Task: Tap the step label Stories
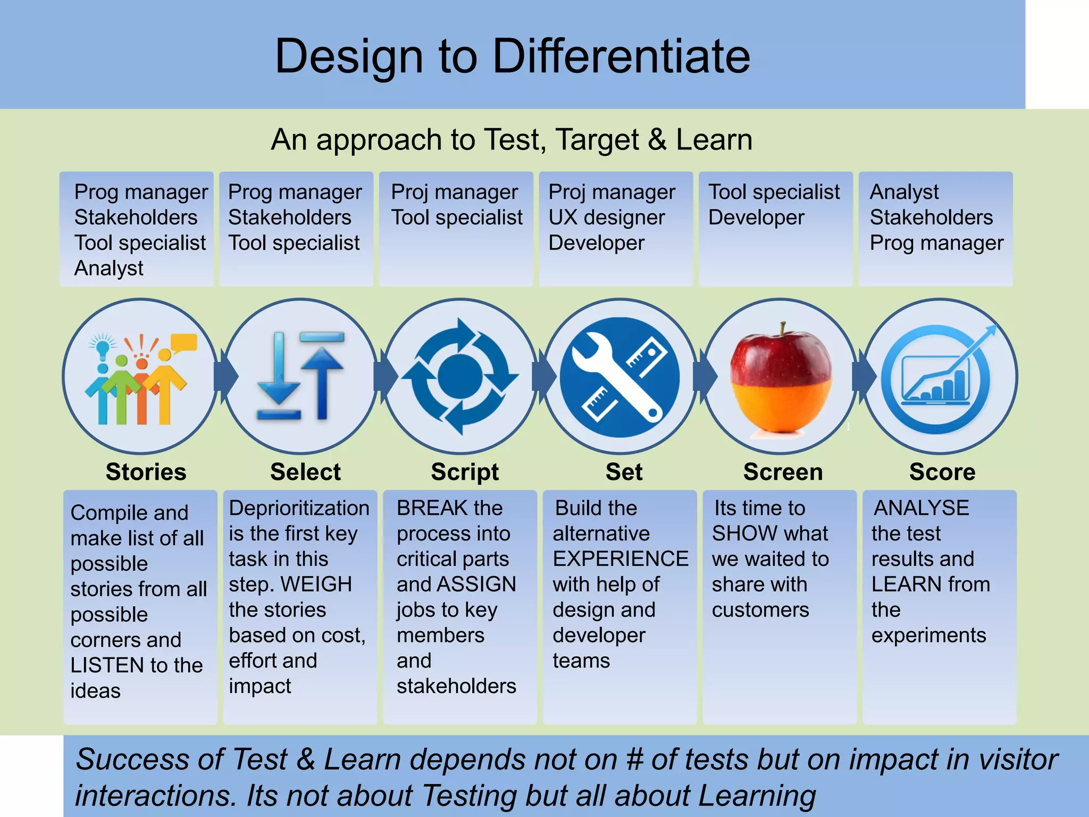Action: [146, 472]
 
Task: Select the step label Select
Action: [305, 472]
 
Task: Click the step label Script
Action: [465, 472]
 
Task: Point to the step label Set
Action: [624, 472]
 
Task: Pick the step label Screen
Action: [783, 472]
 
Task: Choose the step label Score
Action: [942, 472]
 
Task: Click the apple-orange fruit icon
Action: [780, 379]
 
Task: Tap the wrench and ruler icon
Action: [620, 377]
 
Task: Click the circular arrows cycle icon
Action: [460, 377]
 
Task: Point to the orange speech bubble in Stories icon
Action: [183, 343]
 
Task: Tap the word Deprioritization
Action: [299, 508]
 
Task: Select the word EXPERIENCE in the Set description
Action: [621, 559]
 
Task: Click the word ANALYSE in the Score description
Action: [922, 508]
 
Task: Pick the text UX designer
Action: [606, 218]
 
